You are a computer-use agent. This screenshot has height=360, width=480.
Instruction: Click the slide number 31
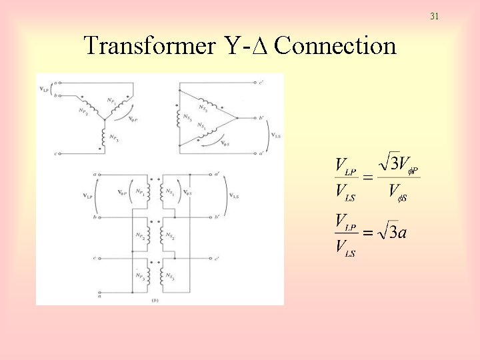pyautogui.click(x=434, y=15)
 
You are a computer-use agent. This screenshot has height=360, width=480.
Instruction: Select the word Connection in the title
pyautogui.click(x=335, y=46)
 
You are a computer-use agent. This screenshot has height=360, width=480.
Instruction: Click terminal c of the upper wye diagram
pyautogui.click(x=57, y=154)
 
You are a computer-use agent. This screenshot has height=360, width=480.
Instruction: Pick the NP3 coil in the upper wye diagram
pyautogui.click(x=103, y=138)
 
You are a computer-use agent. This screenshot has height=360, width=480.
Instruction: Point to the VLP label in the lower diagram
pyautogui.click(x=88, y=195)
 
